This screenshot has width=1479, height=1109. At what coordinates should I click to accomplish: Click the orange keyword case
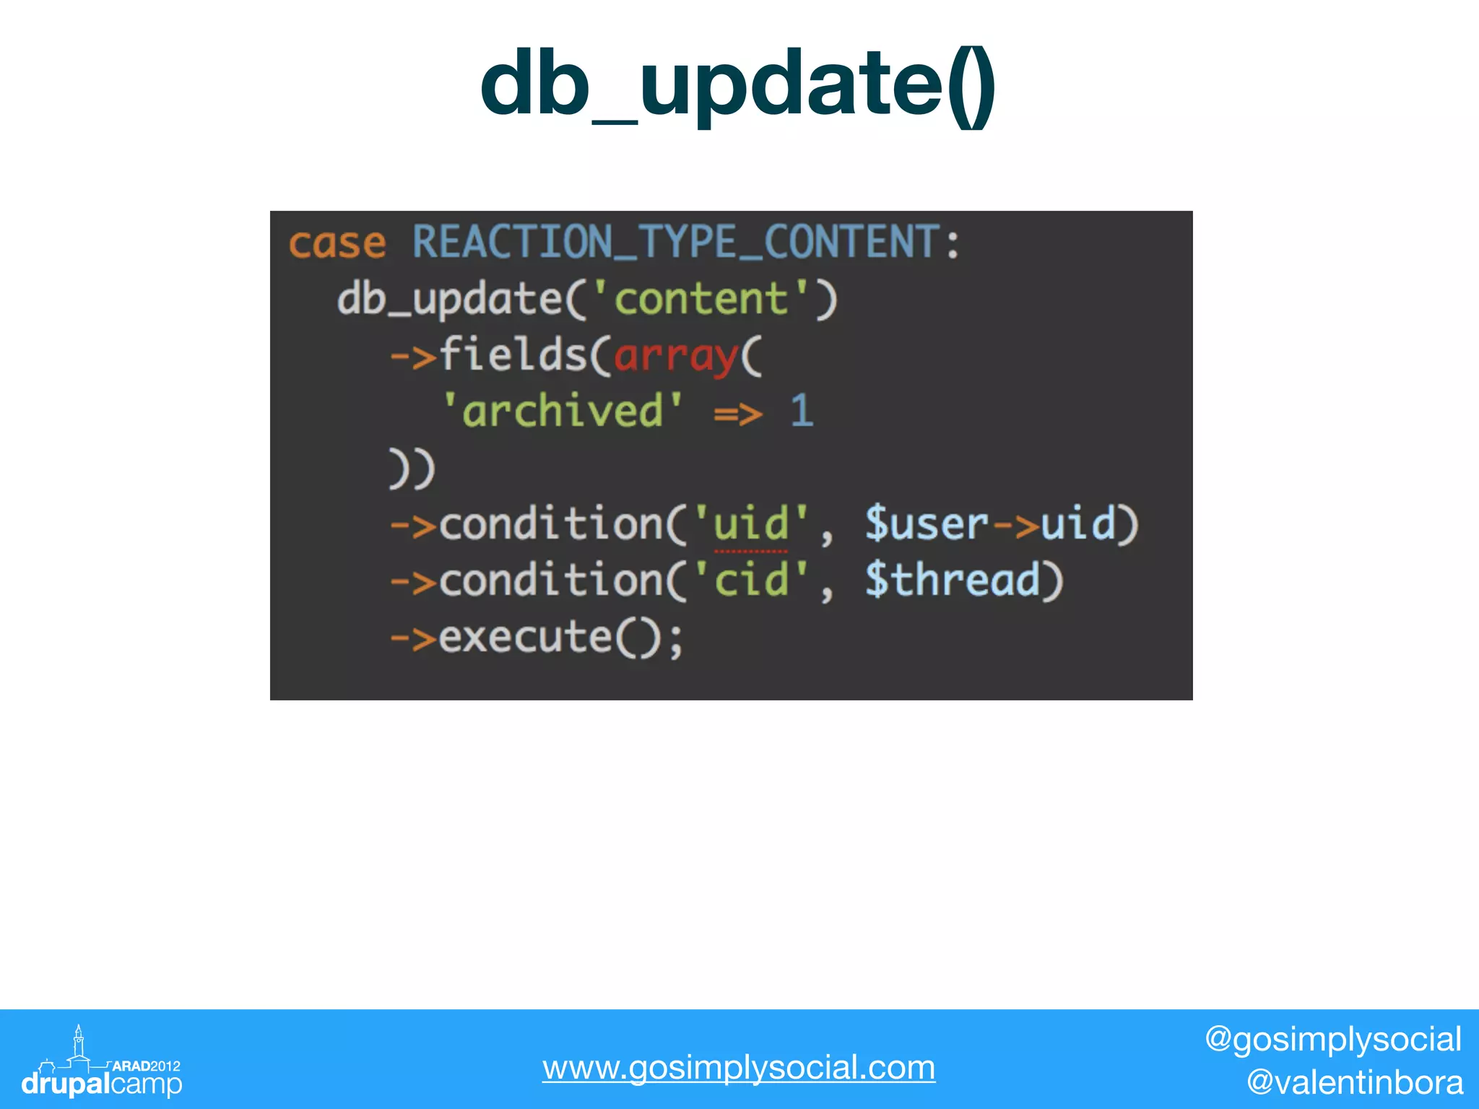[x=337, y=243]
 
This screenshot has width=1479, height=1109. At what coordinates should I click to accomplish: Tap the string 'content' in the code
[x=701, y=299]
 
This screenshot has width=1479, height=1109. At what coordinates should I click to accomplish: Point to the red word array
[x=676, y=357]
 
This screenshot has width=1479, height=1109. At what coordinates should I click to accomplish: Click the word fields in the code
[x=513, y=355]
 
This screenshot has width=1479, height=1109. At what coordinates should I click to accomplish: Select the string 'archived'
[x=563, y=412]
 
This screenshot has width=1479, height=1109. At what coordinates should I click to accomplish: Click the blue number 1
[x=802, y=412]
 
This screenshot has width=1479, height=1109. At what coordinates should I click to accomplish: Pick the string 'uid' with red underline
[x=751, y=524]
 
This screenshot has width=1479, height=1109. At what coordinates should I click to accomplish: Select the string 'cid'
[x=751, y=580]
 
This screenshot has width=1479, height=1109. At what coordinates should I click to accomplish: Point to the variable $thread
[x=953, y=580]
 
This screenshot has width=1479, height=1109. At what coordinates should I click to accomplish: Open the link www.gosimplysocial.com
[x=739, y=1067]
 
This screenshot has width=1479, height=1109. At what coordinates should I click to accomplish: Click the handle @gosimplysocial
[x=1332, y=1040]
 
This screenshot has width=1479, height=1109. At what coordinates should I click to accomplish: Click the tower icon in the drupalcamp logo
[x=79, y=1044]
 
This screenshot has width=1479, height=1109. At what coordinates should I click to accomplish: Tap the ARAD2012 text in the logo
[x=146, y=1066]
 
